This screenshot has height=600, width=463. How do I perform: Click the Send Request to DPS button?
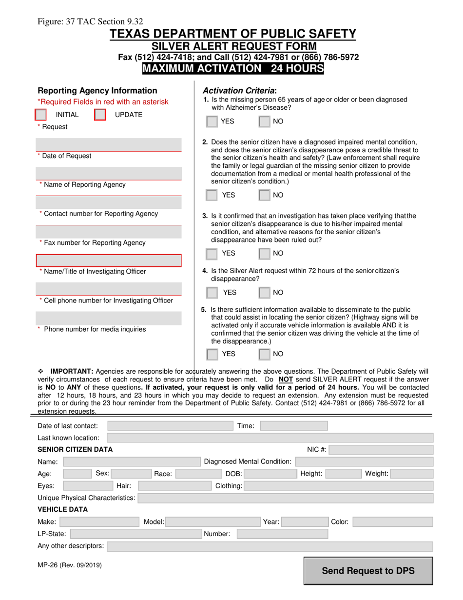click(x=368, y=571)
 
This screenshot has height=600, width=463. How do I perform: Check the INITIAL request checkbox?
click(x=41, y=115)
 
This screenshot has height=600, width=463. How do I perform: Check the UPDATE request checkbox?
click(x=100, y=115)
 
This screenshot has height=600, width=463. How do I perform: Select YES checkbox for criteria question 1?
click(x=212, y=121)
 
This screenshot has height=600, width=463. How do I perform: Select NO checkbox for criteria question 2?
click(x=264, y=195)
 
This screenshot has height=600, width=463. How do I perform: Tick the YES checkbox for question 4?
click(x=212, y=293)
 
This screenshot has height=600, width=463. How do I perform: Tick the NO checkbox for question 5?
click(x=264, y=354)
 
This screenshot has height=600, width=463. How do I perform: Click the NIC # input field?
click(x=381, y=450)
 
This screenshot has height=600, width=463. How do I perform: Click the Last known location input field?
click(x=270, y=438)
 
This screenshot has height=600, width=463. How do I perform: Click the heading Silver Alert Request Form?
click(x=233, y=46)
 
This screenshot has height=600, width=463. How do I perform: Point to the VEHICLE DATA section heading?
click(x=63, y=510)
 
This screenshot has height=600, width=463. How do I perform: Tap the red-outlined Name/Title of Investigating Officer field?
click(x=109, y=260)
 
